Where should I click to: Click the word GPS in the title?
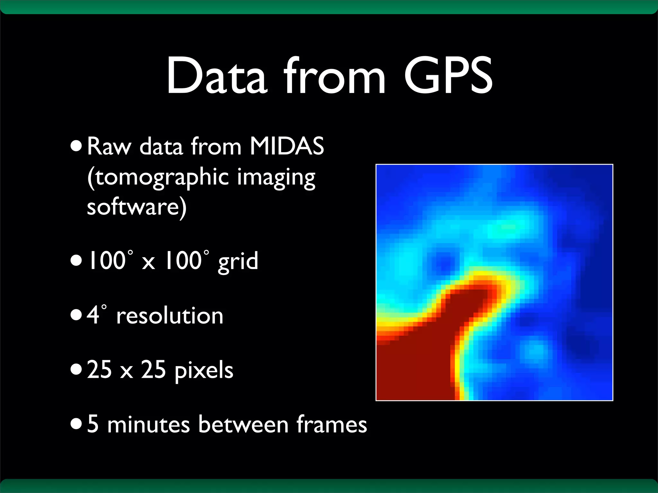(x=448, y=76)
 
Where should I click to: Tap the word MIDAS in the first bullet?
(x=287, y=146)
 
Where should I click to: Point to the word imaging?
(x=276, y=177)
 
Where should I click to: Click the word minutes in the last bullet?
(x=148, y=424)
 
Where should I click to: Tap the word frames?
(x=332, y=424)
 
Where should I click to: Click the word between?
(x=243, y=424)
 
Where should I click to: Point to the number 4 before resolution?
(x=93, y=315)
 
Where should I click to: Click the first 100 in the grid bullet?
(x=107, y=261)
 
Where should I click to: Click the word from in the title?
(x=334, y=76)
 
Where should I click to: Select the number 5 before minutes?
(x=93, y=424)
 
